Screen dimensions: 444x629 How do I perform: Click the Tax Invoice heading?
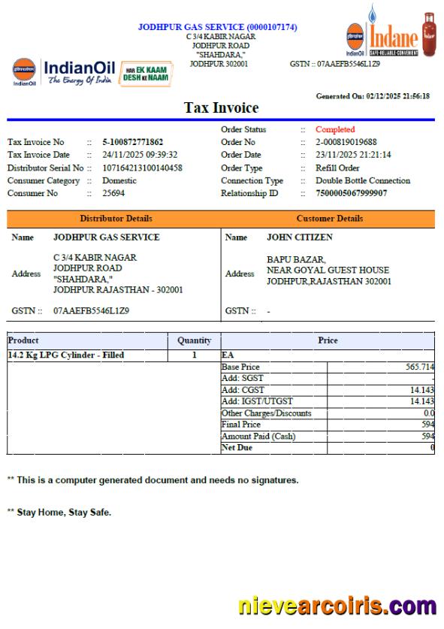(x=221, y=108)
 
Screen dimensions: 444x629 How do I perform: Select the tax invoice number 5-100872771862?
(x=133, y=142)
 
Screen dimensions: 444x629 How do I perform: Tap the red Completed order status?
(x=335, y=129)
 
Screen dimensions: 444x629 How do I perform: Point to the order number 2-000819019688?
(x=346, y=142)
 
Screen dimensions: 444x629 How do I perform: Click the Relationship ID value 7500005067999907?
(x=352, y=193)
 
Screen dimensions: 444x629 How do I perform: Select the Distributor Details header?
(x=116, y=219)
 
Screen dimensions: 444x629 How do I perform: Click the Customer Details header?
(x=329, y=219)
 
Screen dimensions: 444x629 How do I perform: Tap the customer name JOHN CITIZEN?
(x=300, y=237)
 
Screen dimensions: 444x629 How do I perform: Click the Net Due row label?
(x=237, y=448)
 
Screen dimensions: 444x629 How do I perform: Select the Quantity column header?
(x=194, y=340)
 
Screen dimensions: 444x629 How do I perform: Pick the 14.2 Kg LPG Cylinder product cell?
(x=66, y=355)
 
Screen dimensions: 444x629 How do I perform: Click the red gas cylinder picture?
(x=428, y=34)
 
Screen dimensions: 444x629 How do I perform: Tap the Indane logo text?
(x=392, y=37)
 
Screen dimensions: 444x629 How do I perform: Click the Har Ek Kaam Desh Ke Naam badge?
(x=146, y=74)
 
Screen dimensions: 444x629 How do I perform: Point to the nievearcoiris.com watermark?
(x=337, y=606)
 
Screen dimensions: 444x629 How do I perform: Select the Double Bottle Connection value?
(x=363, y=180)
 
